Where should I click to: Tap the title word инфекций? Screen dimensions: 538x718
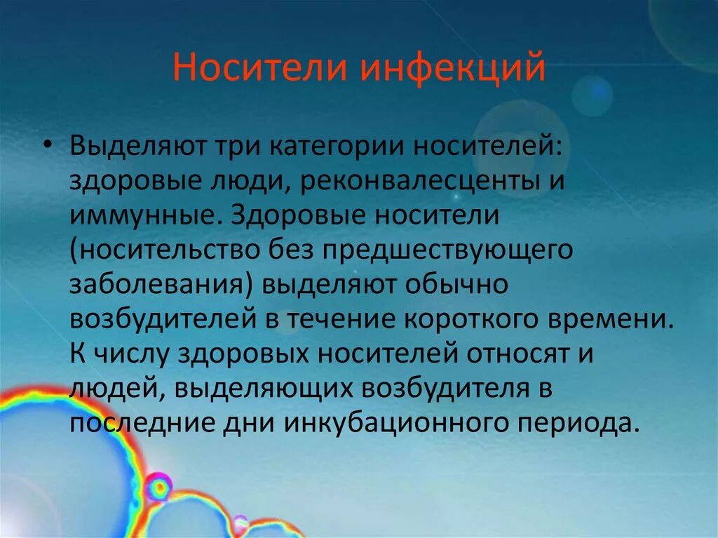pyautogui.click(x=452, y=69)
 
